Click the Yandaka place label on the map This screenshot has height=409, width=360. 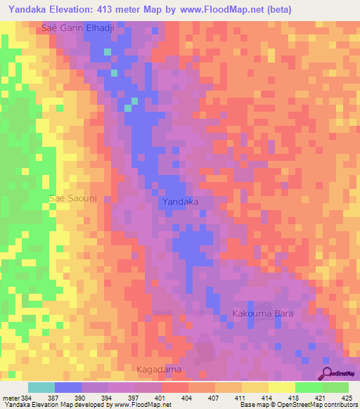(180, 202)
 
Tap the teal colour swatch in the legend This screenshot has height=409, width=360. (41, 387)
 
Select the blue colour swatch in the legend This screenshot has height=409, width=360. (68, 387)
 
